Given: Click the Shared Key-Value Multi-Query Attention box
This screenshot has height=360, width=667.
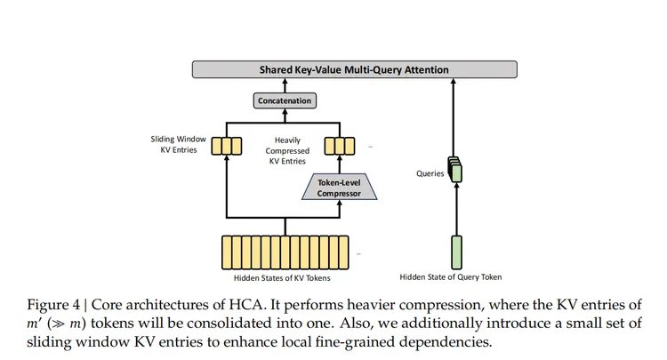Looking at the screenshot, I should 354,68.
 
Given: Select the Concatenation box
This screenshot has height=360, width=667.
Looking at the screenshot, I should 285,100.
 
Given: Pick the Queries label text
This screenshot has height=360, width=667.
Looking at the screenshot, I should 430,174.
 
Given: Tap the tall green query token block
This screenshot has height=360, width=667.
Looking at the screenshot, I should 456,251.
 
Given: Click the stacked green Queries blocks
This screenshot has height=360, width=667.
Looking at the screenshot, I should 455,170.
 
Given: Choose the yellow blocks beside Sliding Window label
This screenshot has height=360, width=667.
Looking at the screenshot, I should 227,145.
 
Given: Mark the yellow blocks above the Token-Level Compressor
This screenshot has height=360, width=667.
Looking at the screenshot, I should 340,145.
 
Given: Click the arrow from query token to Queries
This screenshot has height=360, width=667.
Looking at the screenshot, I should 457,209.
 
